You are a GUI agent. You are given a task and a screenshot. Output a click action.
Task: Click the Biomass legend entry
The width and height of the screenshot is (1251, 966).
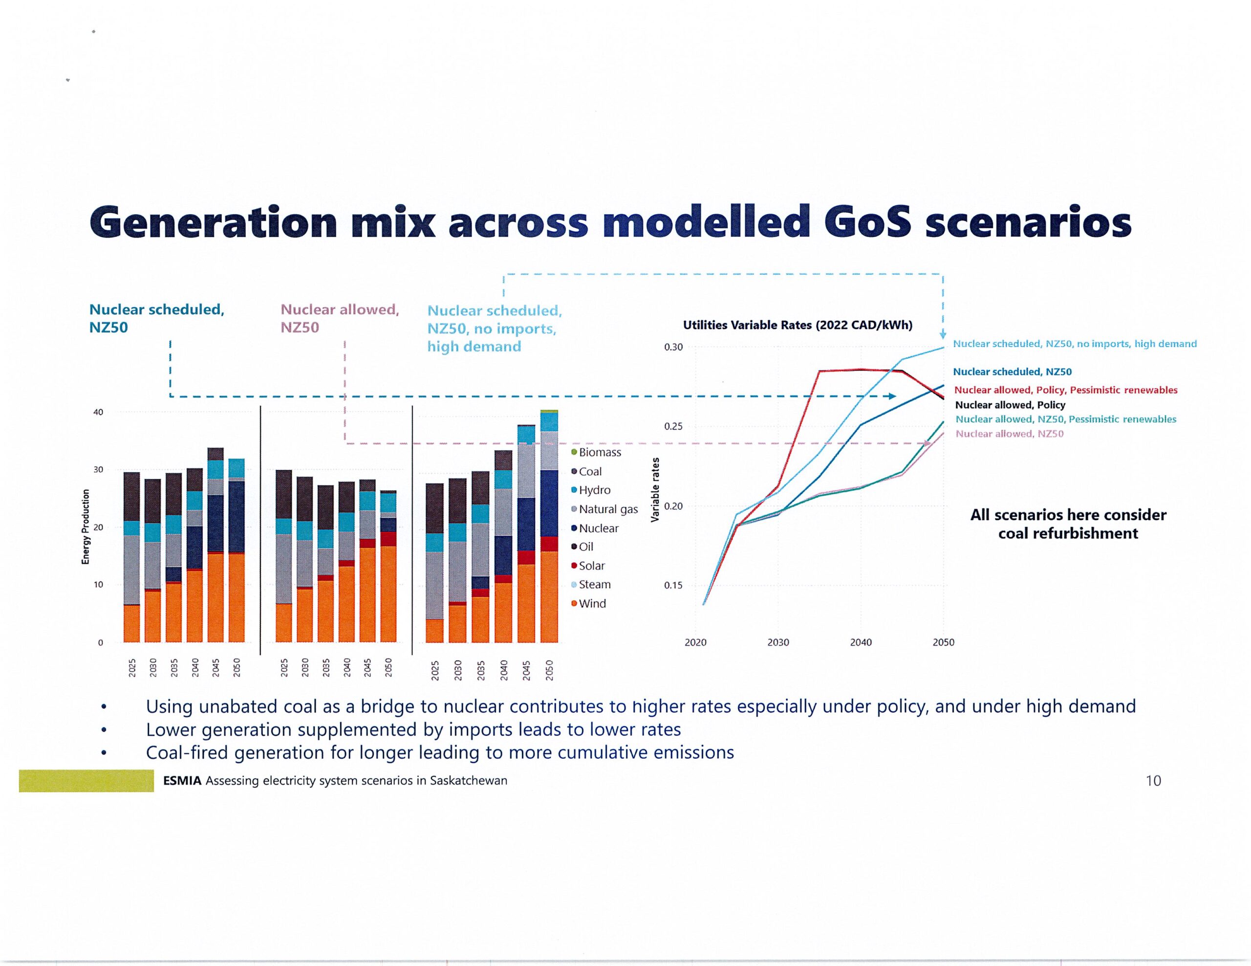click(x=599, y=452)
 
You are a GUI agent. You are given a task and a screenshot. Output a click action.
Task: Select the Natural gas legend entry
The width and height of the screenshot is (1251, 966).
click(x=607, y=509)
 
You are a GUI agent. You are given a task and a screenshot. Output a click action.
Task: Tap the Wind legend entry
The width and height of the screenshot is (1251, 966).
click(x=591, y=603)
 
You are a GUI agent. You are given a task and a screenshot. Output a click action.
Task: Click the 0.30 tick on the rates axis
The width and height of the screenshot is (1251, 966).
click(x=673, y=347)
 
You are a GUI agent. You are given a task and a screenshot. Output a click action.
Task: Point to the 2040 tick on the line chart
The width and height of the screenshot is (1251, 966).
click(x=861, y=642)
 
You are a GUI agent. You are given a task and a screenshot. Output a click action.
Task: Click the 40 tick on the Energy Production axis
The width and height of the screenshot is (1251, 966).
click(x=98, y=412)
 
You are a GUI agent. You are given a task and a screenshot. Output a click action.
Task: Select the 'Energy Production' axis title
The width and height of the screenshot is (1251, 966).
click(x=86, y=527)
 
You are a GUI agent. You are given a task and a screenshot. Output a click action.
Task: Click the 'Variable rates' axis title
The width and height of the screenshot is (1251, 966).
click(x=655, y=490)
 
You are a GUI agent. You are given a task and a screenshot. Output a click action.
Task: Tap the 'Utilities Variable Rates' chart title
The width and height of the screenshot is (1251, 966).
click(x=798, y=325)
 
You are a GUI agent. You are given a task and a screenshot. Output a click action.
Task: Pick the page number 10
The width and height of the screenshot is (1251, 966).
click(x=1153, y=780)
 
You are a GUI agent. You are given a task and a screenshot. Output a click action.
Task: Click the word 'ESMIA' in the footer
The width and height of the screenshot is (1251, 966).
click(x=182, y=780)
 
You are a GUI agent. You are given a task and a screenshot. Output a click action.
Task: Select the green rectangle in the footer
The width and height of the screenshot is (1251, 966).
click(x=86, y=781)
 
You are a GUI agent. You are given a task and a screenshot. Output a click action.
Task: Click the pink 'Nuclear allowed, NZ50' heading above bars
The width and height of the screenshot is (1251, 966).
click(x=340, y=318)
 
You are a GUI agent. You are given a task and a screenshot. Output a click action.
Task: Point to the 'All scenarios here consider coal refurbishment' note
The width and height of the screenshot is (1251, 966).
click(x=1068, y=524)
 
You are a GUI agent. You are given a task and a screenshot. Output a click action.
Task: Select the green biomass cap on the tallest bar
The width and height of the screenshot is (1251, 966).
click(x=549, y=411)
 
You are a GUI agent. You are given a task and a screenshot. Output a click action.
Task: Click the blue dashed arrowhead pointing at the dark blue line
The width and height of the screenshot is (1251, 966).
click(x=892, y=396)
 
